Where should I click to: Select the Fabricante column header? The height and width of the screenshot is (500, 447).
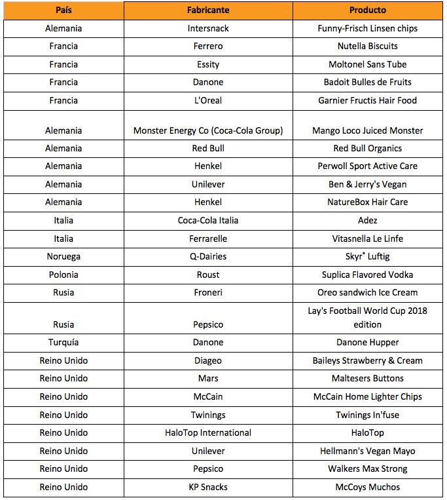(207, 10)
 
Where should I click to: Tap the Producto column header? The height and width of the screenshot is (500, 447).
(367, 10)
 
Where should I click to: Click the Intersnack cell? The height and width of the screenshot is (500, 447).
(207, 28)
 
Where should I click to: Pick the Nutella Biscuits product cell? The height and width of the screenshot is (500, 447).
(367, 47)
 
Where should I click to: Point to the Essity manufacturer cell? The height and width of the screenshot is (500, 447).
(207, 64)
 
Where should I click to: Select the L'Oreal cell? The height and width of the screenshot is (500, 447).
(207, 100)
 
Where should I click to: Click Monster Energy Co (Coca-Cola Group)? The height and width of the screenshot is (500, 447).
(207, 130)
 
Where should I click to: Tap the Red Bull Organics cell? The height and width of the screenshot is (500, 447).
(367, 148)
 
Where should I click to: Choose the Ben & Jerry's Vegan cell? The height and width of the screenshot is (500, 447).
(367, 184)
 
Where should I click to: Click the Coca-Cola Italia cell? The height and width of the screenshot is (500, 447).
(207, 220)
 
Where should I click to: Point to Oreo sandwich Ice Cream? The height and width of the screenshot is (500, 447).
(367, 292)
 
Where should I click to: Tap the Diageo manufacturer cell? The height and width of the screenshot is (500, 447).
(207, 360)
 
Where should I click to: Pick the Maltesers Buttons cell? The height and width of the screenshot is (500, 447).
(367, 378)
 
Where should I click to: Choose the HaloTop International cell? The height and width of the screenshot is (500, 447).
(207, 433)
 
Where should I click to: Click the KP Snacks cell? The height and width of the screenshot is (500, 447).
(207, 487)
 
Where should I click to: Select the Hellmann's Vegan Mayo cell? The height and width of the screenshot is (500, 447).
(367, 451)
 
